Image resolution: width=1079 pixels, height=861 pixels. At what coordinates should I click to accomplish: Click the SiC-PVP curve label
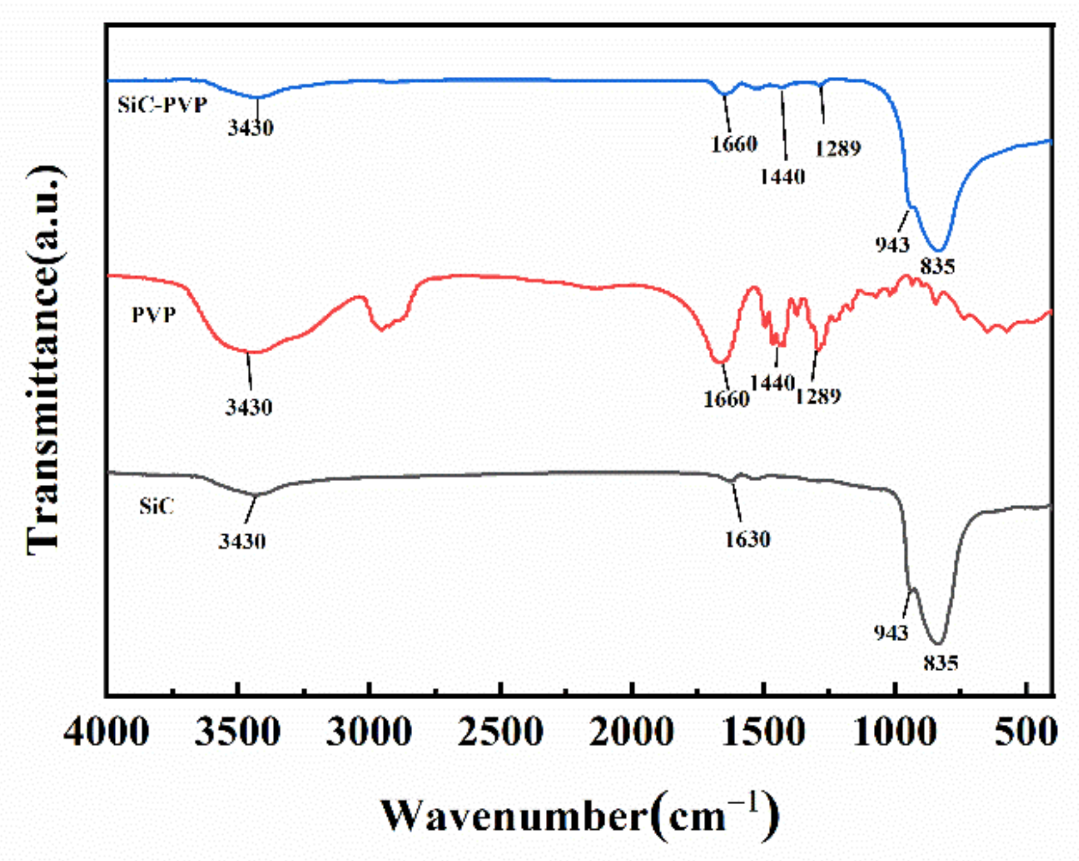(x=162, y=105)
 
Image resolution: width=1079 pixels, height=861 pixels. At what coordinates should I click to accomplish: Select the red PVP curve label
(x=154, y=315)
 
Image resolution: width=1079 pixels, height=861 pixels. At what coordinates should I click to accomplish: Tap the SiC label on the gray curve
(x=156, y=506)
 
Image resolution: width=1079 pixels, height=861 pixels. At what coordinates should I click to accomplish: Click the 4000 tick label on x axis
(x=106, y=731)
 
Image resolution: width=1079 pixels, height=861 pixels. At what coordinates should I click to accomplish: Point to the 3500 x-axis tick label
(x=238, y=731)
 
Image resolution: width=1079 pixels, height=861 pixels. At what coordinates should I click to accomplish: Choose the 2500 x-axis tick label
(x=500, y=731)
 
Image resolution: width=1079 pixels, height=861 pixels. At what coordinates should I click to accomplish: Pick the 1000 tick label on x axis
(x=895, y=731)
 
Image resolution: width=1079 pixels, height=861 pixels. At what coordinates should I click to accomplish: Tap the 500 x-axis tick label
(x=1025, y=731)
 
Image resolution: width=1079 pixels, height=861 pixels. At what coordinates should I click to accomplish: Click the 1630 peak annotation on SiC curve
(x=747, y=539)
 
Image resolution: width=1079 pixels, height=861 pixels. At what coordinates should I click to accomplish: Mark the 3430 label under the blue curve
(x=250, y=128)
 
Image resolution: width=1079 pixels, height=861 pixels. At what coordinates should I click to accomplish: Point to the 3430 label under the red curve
(x=249, y=407)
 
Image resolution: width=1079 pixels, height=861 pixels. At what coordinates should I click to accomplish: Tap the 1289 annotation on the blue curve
(x=838, y=148)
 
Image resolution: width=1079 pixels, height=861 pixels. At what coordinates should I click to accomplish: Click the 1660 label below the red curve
(x=726, y=399)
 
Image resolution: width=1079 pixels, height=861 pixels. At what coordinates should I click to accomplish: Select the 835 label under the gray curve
(x=940, y=663)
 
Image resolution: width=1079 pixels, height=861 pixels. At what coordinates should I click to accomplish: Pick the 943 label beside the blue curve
(x=892, y=245)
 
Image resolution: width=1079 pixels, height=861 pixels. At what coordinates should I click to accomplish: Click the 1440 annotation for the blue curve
(x=782, y=176)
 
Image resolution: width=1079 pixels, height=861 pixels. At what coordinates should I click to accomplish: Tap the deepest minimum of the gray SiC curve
(x=939, y=642)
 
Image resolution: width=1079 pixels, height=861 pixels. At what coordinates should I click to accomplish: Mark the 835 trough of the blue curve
(x=940, y=250)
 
